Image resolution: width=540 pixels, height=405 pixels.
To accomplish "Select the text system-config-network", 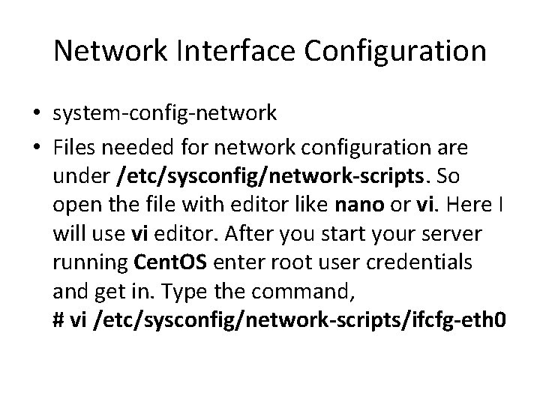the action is point(165,113).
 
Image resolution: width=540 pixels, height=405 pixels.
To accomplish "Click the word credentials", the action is point(427,263).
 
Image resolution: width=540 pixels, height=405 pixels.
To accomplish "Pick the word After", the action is point(219,233).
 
